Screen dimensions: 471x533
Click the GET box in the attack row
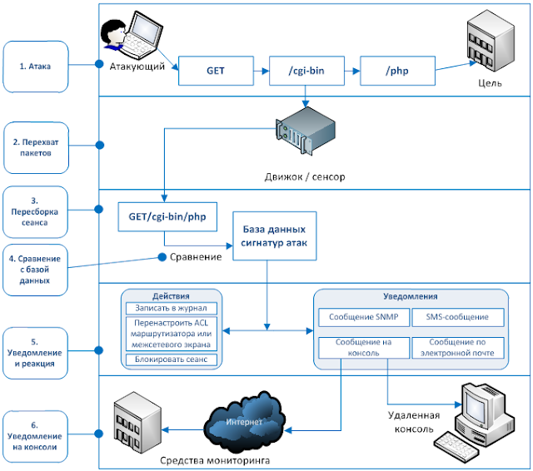coord(215,71)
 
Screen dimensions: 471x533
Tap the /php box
coord(396,71)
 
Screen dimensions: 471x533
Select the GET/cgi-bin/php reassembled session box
coord(167,216)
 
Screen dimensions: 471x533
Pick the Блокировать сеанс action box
coord(172,359)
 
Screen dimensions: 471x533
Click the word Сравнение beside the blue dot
coord(196,257)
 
